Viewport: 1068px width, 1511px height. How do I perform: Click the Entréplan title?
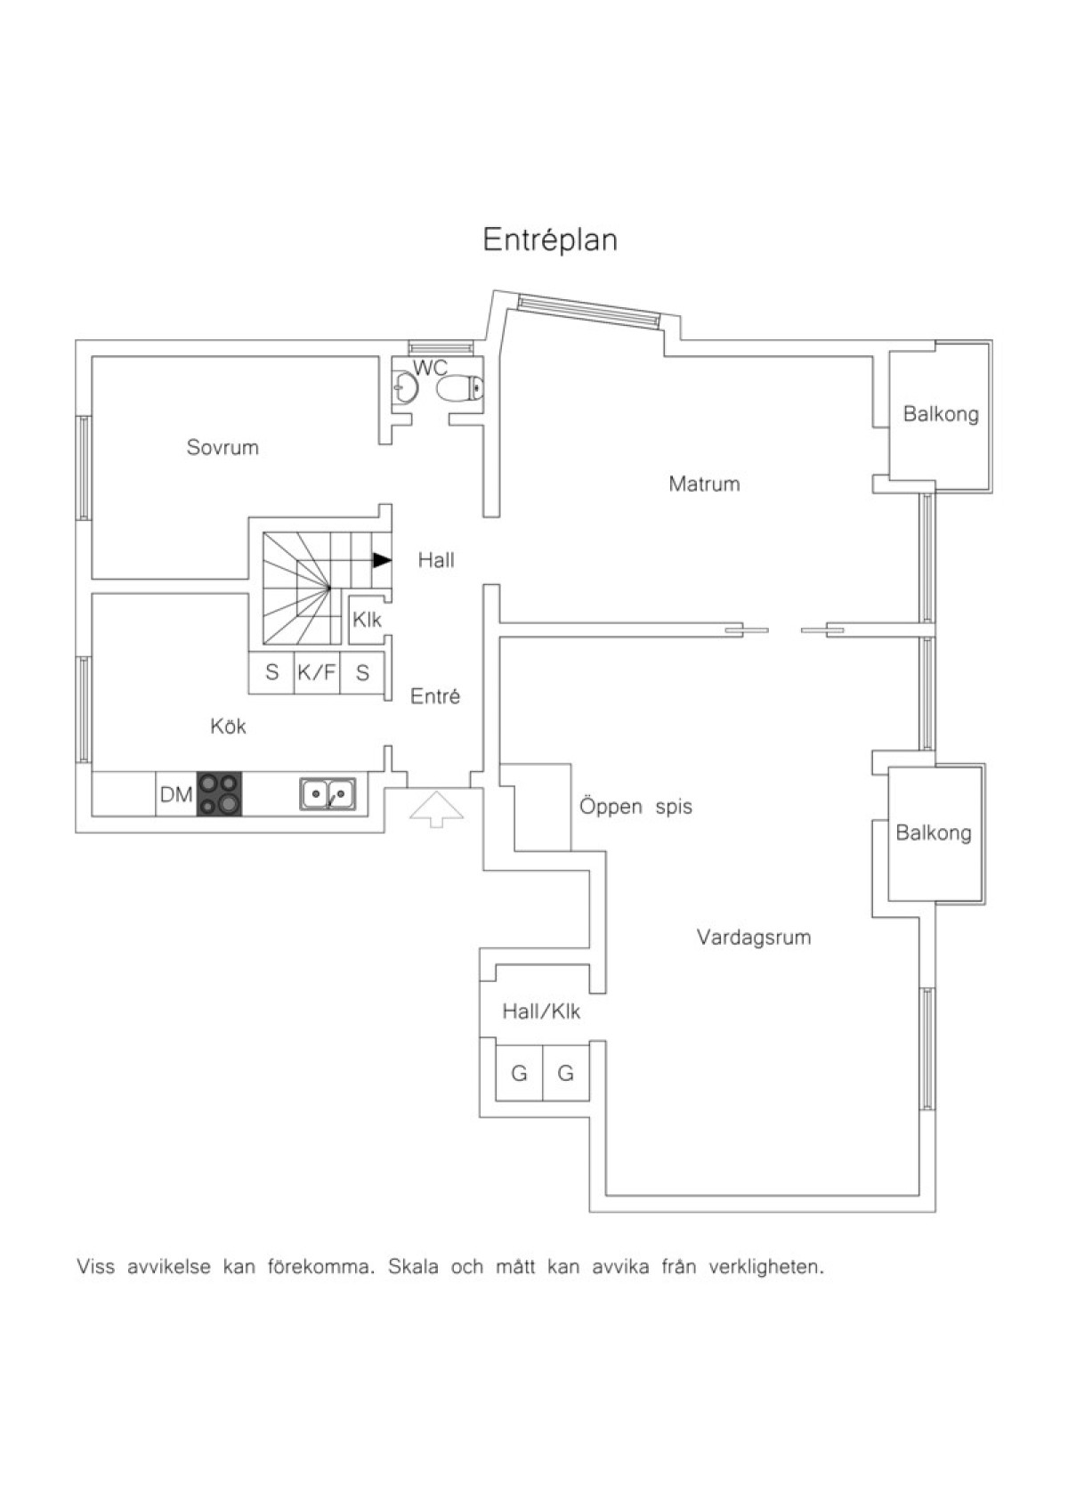pos(550,240)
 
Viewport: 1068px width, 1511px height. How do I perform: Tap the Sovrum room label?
pos(222,447)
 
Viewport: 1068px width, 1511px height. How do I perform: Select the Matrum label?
pos(704,483)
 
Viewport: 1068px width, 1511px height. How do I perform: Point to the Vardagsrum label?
pos(754,937)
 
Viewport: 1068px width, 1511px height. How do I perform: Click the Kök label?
pos(228,727)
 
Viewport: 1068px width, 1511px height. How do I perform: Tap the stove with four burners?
pos(219,793)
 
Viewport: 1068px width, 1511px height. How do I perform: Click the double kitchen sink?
pos(328,794)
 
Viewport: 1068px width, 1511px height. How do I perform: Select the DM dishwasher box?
pos(176,794)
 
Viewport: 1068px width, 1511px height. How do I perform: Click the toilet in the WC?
pos(460,389)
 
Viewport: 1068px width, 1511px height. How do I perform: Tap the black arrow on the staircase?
pos(383,560)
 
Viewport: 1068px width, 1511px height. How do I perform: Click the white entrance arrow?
pos(436,808)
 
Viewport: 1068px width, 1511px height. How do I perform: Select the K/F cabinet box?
pos(317,672)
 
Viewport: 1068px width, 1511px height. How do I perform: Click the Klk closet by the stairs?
pos(367,620)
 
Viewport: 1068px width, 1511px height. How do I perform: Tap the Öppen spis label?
pos(635,807)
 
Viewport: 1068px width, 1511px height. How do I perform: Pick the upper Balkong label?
pos(941,413)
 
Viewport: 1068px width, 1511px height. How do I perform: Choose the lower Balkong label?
pos(933,833)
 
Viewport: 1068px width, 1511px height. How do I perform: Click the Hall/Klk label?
pos(541,1011)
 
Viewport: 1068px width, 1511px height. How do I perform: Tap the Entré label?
pos(435,696)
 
